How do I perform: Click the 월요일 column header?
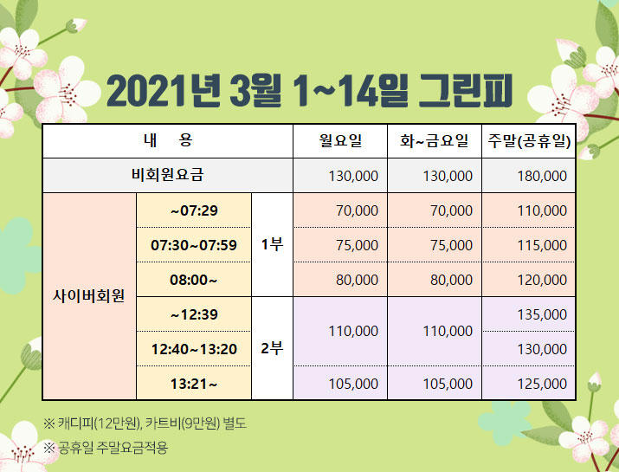340,140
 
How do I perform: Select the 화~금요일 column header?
435,140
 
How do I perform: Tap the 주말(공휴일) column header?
529,141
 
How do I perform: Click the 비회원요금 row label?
167,175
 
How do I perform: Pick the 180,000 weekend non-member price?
542,176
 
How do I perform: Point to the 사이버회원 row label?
89,295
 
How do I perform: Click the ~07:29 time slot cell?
194,210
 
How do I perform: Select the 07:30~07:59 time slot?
194,245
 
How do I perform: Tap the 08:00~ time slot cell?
193,280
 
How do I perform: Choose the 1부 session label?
272,245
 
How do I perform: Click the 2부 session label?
272,348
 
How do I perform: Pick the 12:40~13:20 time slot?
194,349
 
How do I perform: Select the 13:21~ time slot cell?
193,384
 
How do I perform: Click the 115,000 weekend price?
542,245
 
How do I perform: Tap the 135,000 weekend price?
542,314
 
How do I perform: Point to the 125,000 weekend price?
542,384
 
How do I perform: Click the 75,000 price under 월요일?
357,245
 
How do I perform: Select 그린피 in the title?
465,91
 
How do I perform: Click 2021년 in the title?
163,91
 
